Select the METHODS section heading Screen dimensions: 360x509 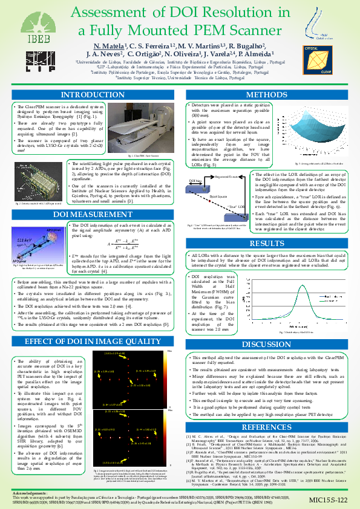[266, 95]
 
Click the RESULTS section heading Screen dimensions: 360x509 [266, 227]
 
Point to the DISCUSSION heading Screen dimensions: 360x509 [266, 345]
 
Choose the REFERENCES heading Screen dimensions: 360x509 [266, 410]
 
